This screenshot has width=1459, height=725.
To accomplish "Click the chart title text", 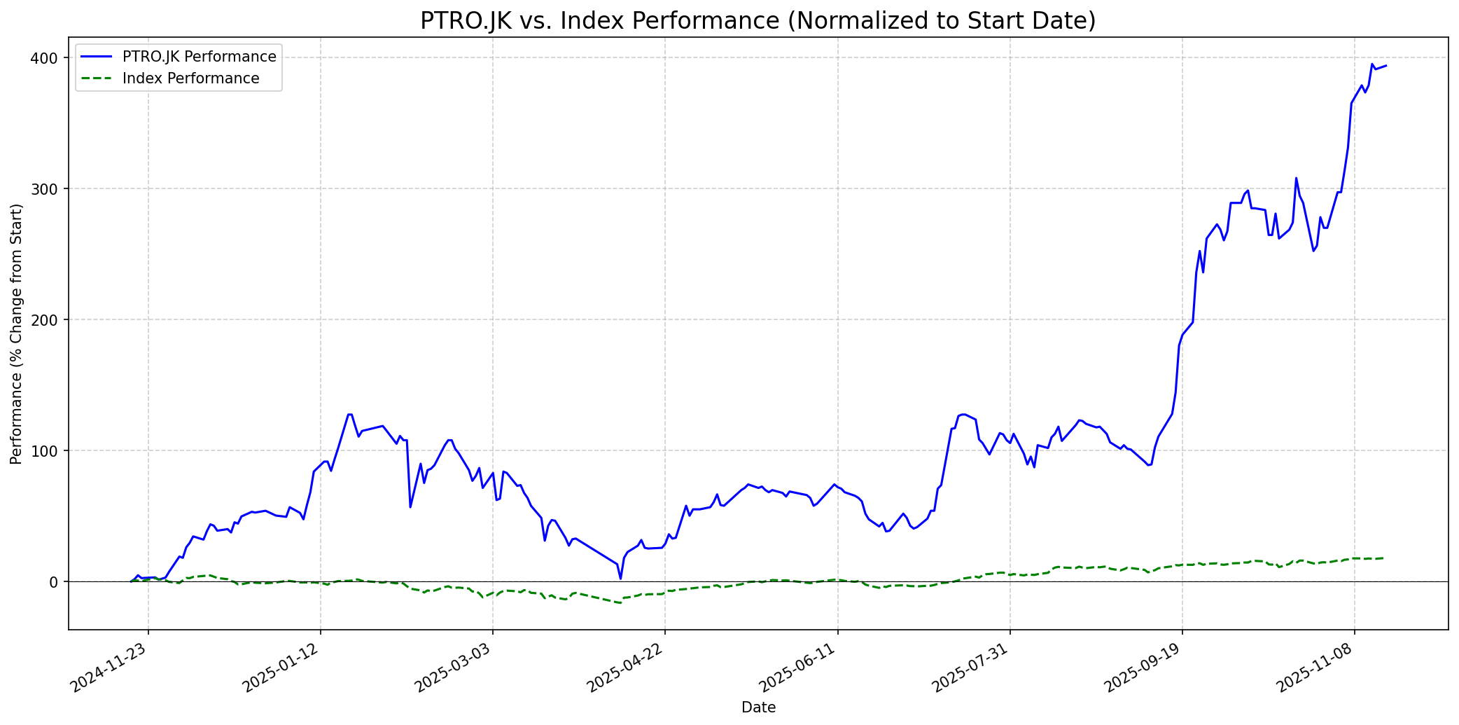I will tap(758, 21).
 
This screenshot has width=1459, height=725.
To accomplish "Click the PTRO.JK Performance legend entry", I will tap(199, 57).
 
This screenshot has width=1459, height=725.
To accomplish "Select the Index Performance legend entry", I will tap(190, 78).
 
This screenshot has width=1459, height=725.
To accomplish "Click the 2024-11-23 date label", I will tap(111, 668).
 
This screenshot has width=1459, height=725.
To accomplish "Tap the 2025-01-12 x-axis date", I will tap(283, 668).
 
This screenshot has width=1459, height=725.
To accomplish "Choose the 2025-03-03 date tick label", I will tap(455, 668).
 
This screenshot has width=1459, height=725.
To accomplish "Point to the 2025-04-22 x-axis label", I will tap(627, 668).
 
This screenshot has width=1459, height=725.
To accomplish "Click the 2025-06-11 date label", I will tap(800, 668).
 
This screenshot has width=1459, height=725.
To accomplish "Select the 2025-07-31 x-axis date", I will tap(972, 668).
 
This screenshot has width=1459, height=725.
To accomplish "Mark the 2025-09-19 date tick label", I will tap(1144, 668).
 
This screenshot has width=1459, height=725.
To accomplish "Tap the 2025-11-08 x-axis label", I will tap(1316, 668).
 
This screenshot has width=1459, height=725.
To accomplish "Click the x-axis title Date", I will tap(758, 708).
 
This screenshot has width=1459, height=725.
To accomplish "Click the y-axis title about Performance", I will tap(17, 333).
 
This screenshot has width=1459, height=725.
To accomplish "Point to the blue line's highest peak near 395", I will tap(1371, 64).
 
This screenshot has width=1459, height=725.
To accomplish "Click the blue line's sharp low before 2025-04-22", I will tap(620, 578).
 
